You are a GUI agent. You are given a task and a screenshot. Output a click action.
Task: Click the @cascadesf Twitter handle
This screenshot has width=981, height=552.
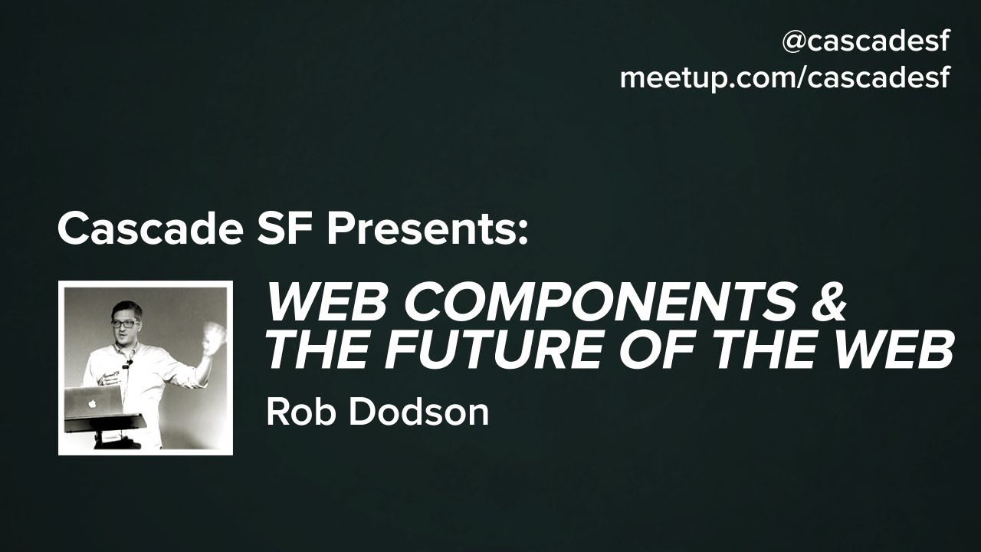point(866,42)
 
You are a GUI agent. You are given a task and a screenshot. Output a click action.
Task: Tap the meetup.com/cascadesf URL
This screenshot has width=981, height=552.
point(785,79)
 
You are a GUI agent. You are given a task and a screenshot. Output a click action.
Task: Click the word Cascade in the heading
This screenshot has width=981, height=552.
point(150,228)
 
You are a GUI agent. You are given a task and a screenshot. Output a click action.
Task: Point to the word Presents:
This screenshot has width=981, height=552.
point(428,229)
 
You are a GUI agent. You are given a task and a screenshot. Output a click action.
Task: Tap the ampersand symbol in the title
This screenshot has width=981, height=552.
point(829,303)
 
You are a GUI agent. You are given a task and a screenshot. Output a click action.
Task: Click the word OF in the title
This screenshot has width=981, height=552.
point(660,351)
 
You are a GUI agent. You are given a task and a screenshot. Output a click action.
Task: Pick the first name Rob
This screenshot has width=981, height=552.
point(298,412)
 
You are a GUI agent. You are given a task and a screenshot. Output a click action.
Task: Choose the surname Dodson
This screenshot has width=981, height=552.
point(418,412)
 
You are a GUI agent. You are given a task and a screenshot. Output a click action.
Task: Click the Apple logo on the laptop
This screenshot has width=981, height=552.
point(92,403)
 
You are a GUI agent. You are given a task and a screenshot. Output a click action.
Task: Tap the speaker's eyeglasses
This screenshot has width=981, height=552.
point(125,324)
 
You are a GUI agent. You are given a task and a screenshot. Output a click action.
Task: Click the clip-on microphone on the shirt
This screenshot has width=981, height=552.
point(128,363)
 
